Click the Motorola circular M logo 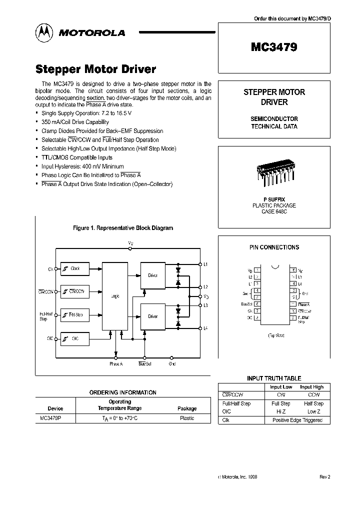44,32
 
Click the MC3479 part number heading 273,47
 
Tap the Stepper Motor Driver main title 96,69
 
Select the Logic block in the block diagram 114,295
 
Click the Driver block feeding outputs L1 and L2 153,275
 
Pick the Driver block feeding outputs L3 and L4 153,316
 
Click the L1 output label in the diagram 206,263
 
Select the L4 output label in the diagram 206,328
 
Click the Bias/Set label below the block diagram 144,364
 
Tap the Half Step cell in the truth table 313,403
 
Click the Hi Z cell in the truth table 280,411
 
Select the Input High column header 311,386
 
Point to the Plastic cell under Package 187,418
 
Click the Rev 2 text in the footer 324,477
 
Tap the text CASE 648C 273,211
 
